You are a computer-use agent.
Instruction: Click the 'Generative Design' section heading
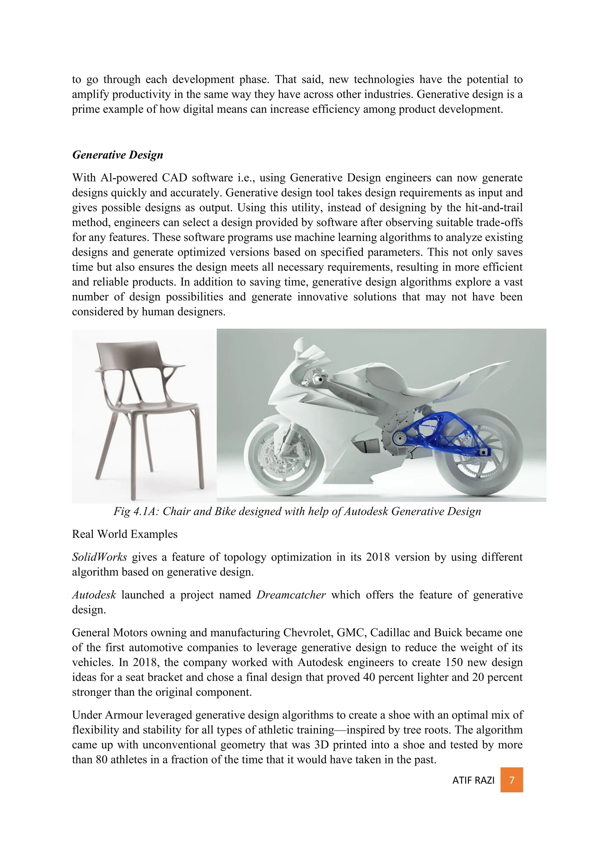click(118, 155)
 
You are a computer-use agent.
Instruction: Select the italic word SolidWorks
click(99, 557)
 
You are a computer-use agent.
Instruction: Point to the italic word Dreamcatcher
click(291, 595)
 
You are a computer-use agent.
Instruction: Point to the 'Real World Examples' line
click(125, 534)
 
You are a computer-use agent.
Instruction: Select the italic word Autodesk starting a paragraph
click(94, 595)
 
